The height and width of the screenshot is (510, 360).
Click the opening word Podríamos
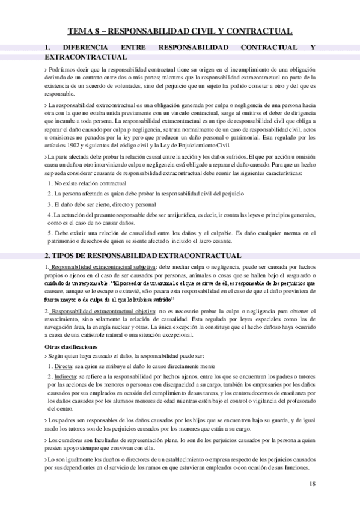tap(63, 70)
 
